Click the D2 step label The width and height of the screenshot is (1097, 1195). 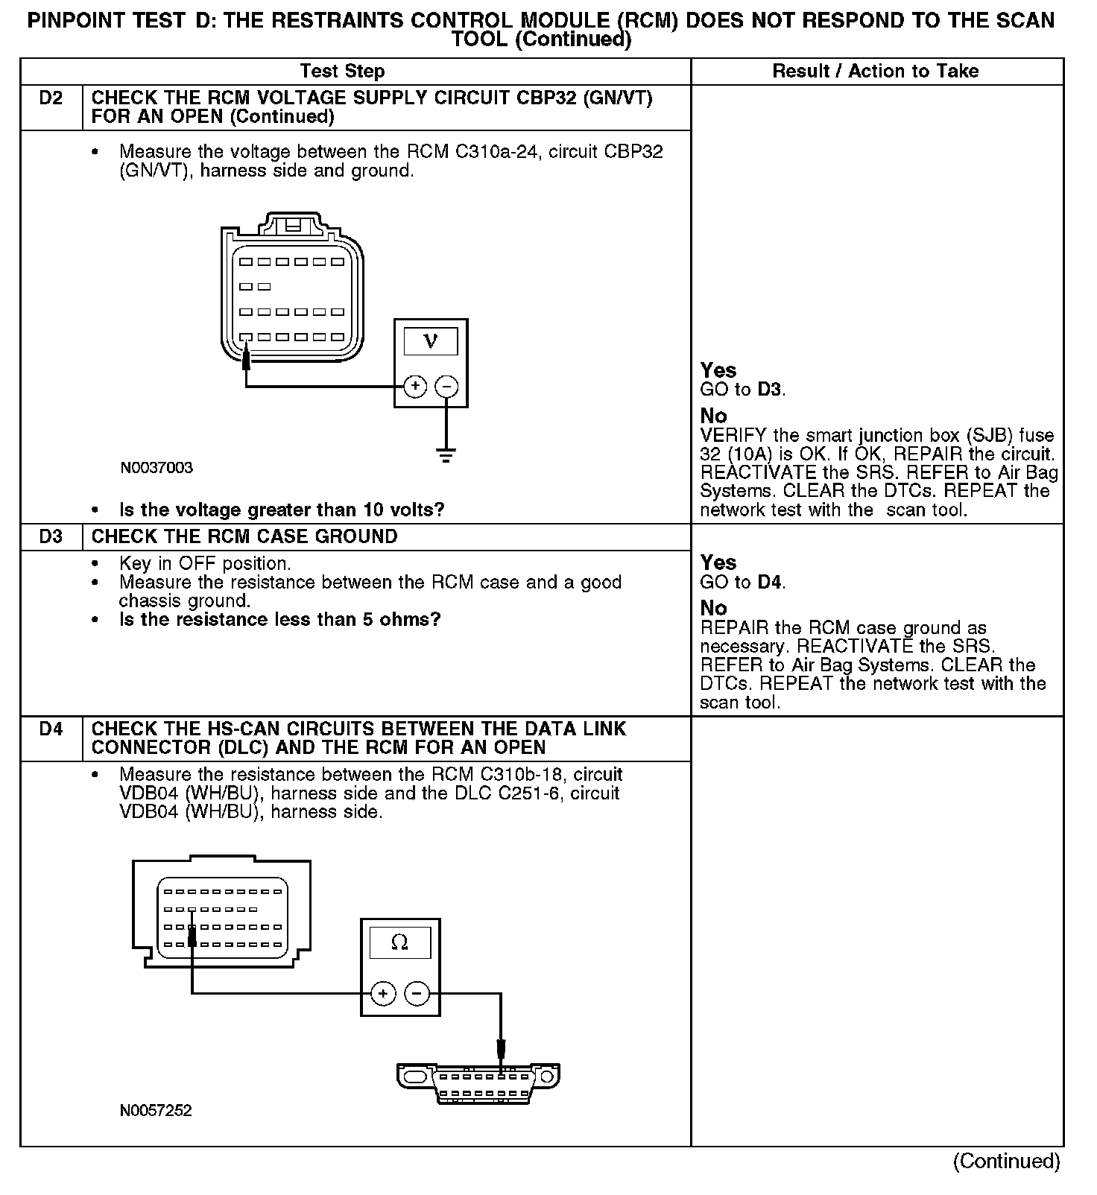pos(51,98)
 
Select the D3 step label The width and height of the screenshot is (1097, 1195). pos(51,536)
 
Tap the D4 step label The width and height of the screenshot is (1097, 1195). pos(51,729)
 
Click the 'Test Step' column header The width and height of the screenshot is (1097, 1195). pos(342,72)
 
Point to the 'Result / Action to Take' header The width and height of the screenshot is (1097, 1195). pos(876,72)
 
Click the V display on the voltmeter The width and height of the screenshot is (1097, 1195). pos(430,341)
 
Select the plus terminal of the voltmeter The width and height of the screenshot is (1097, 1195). pos(414,387)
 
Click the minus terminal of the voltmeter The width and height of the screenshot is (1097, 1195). pos(446,387)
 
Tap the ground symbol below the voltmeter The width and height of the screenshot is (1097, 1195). pos(446,454)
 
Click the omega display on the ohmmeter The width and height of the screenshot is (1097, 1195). pos(399,942)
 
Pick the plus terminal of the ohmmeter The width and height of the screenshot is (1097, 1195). pos(383,993)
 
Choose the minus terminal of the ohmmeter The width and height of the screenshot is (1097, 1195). pos(417,993)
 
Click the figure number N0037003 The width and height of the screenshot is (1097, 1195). pos(157,468)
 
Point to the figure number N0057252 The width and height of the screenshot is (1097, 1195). pos(156,1110)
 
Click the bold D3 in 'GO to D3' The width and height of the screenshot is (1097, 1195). pos(771,390)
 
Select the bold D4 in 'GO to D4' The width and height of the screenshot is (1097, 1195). pos(771,582)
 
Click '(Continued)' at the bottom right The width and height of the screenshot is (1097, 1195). pos(1006,1161)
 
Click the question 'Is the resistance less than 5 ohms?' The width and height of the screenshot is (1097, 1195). pos(280,620)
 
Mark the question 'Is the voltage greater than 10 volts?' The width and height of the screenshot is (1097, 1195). pos(282,510)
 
